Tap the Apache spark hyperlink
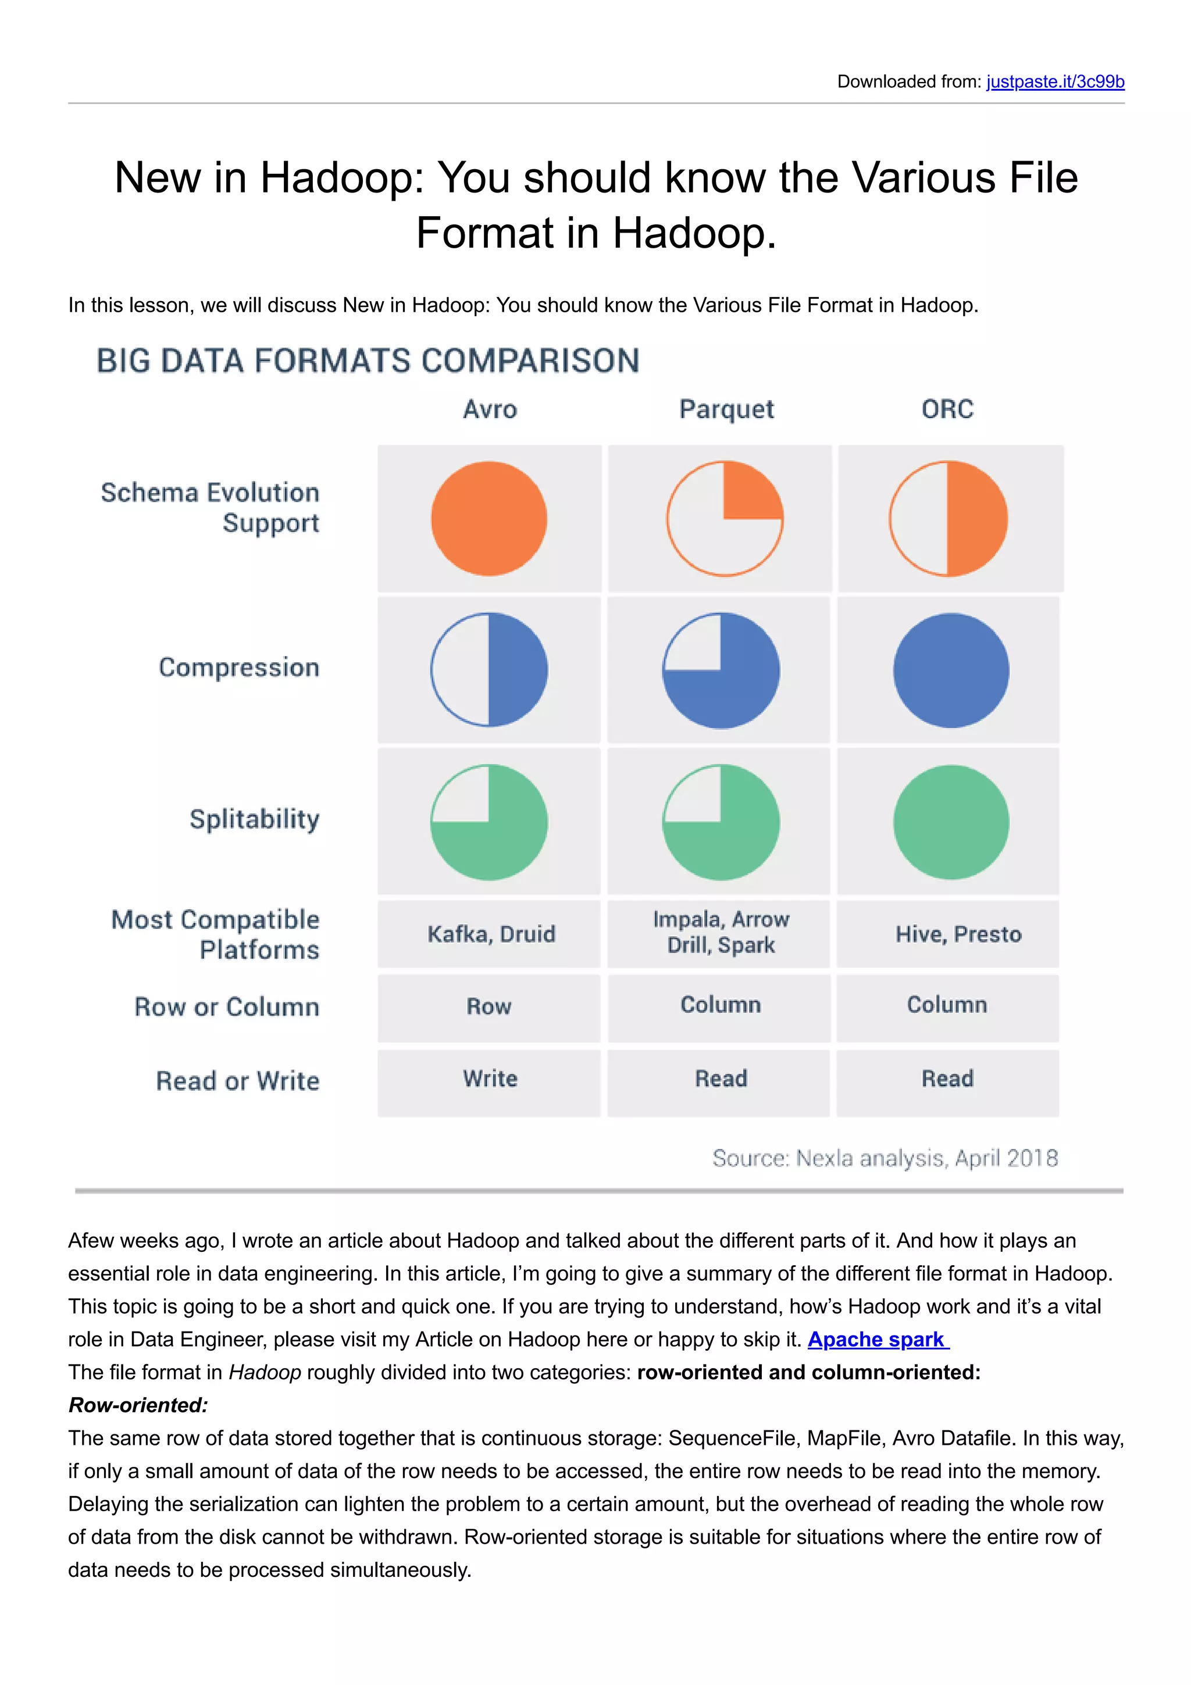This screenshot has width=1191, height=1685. [x=878, y=1340]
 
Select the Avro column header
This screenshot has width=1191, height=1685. [x=490, y=409]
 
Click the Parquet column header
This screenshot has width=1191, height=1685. [x=726, y=409]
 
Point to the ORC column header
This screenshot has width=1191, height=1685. [x=947, y=409]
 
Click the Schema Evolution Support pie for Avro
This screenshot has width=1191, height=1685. [x=488, y=518]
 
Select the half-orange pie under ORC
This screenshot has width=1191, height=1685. [x=948, y=518]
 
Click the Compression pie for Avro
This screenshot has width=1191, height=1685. [x=488, y=669]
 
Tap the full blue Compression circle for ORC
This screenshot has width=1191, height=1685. [x=951, y=670]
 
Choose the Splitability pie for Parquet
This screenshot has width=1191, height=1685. [x=721, y=822]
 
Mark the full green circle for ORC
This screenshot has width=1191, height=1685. [x=951, y=822]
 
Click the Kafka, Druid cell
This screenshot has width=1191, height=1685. [x=490, y=934]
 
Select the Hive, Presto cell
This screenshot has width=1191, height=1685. [x=958, y=934]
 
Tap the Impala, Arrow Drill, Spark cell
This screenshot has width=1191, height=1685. [x=721, y=932]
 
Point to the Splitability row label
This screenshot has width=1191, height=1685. [x=254, y=819]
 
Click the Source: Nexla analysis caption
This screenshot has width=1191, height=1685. [x=885, y=1158]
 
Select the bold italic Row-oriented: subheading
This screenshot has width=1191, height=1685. [x=138, y=1405]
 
